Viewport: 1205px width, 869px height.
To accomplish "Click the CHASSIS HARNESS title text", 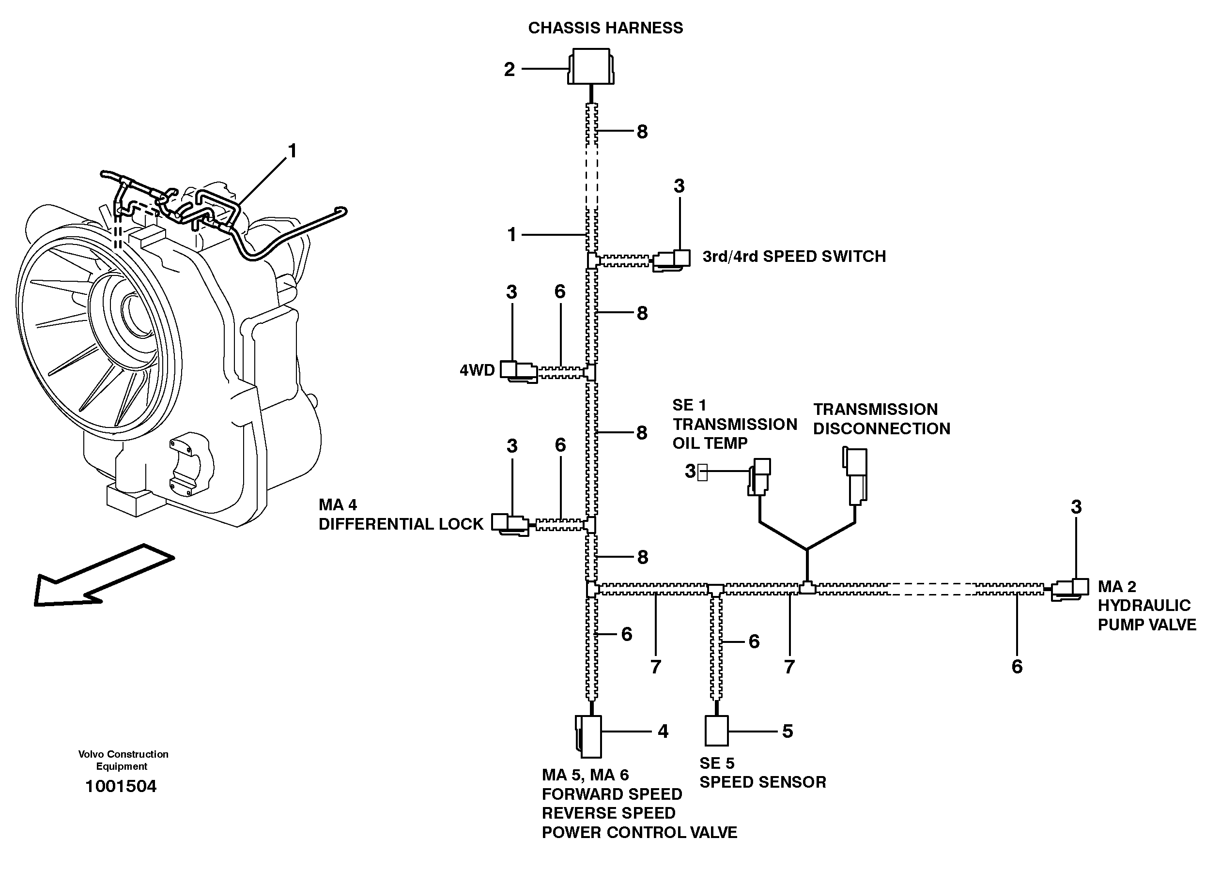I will tap(605, 28).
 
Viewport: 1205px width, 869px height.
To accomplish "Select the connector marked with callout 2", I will tap(591, 67).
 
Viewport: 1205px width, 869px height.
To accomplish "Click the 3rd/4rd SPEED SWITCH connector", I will tap(673, 259).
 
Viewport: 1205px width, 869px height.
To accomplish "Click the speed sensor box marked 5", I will tap(716, 731).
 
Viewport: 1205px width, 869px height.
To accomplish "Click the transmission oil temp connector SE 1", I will tap(759, 476).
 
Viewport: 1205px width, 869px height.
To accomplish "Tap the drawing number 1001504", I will tap(121, 786).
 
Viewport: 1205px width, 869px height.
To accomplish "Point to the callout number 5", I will tap(788, 732).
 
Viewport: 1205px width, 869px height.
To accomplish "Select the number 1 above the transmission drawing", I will tap(292, 151).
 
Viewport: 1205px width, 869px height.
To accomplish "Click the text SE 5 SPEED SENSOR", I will tap(762, 773).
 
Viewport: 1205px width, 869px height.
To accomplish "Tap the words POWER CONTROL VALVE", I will tap(639, 832).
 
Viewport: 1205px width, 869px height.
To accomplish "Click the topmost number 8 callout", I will tap(642, 132).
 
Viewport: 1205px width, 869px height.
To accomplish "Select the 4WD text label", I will tap(477, 370).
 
